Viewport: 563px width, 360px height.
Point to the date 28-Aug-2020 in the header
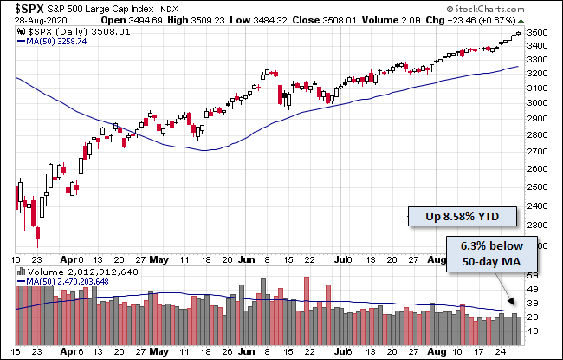tap(30, 21)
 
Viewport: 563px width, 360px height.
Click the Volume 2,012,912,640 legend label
tap(74, 271)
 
